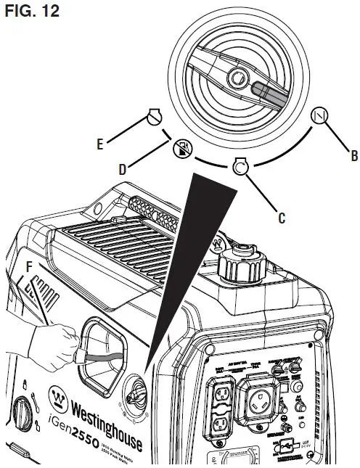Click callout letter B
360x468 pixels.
click(x=353, y=155)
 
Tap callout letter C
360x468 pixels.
click(x=280, y=216)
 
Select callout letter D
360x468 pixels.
click(x=123, y=169)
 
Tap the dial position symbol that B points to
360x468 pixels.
click(x=317, y=115)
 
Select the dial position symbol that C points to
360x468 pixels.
click(x=240, y=167)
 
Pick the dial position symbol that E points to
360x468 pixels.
click(x=153, y=115)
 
